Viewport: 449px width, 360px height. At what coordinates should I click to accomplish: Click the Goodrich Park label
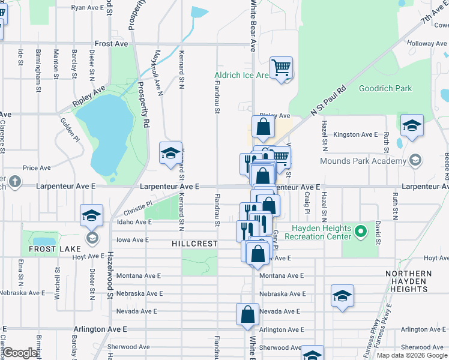(385, 88)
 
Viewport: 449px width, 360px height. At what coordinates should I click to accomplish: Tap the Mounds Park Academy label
(362, 161)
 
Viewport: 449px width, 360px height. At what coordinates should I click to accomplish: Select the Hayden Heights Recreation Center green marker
(360, 231)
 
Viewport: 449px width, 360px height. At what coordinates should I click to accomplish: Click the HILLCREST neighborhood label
(194, 244)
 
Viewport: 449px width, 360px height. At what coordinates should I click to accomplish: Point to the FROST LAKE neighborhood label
(47, 248)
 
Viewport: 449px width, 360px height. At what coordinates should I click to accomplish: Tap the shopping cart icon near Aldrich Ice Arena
(281, 68)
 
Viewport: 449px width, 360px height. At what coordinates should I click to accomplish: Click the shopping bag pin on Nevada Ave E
(248, 315)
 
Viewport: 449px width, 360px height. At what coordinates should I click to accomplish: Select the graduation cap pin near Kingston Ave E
(412, 125)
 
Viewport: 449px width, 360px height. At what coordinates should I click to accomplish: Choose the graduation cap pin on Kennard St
(170, 154)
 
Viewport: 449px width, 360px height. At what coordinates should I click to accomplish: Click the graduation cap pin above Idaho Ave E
(91, 215)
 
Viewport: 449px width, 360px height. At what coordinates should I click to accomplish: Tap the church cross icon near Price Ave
(14, 181)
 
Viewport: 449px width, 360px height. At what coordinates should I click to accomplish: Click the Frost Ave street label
(111, 44)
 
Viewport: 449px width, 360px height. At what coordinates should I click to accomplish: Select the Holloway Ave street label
(427, 44)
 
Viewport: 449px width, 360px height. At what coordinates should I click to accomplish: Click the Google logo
(20, 353)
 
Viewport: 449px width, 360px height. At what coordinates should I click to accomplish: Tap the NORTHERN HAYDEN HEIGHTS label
(409, 281)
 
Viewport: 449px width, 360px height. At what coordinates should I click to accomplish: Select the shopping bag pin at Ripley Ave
(263, 127)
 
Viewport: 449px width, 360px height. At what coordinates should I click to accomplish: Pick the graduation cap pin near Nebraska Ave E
(342, 296)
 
